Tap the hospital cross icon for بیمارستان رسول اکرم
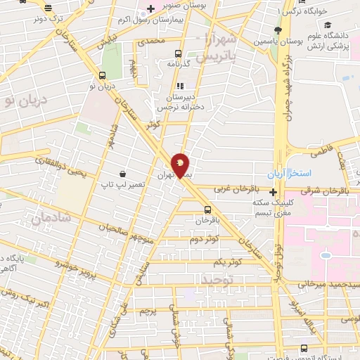pyautogui.click(x=150, y=8)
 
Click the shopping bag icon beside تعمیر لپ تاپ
pyautogui.click(x=123, y=173)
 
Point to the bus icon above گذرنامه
pyautogui.click(x=177, y=53)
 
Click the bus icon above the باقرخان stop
pyautogui.click(x=207, y=209)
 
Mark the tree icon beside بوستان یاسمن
pyautogui.click(x=279, y=30)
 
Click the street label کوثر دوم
pyautogui.click(x=204, y=240)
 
